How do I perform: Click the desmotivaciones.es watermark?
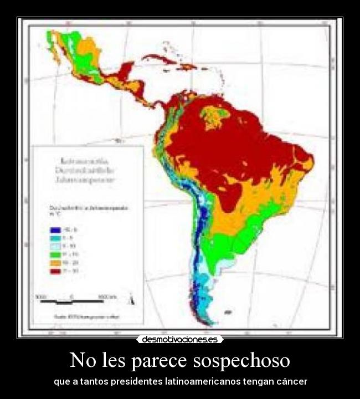click(180, 339)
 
